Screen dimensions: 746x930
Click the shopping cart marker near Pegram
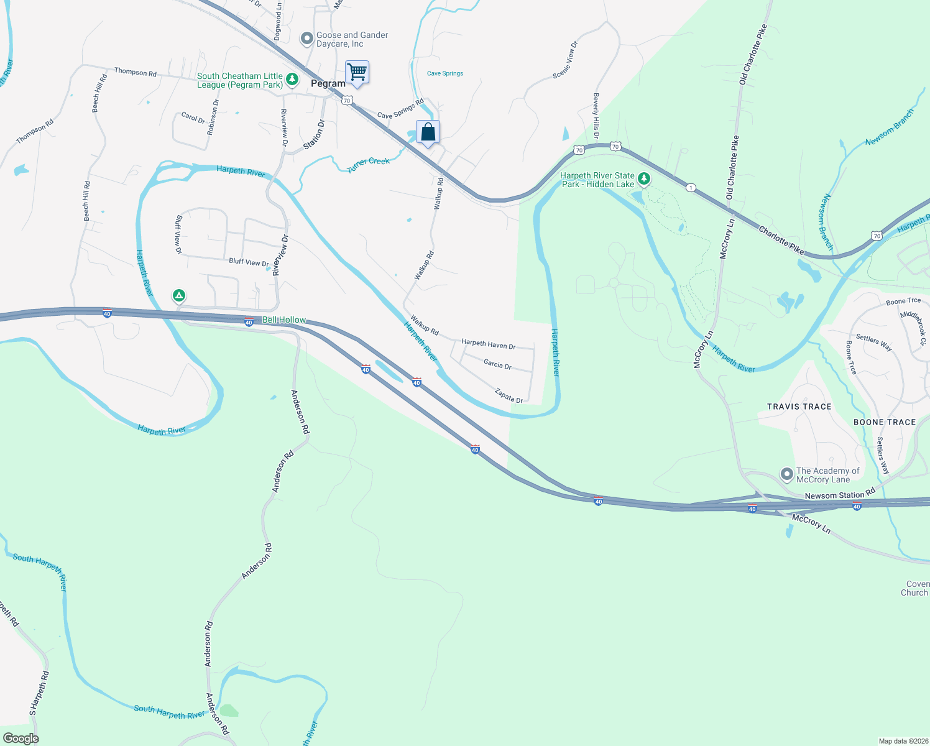click(x=357, y=72)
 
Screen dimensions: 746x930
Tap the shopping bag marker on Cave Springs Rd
click(x=428, y=132)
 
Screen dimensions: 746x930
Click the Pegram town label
click(x=328, y=84)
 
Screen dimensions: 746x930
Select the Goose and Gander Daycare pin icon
click(x=306, y=39)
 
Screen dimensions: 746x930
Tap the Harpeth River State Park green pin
click(x=644, y=180)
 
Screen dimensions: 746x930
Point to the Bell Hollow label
click(x=284, y=320)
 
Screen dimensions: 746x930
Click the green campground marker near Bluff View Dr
click(x=179, y=295)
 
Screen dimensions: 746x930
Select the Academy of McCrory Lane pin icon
click(x=786, y=475)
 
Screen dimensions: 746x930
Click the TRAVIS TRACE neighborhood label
click(x=799, y=407)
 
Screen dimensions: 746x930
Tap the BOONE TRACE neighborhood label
click(x=885, y=422)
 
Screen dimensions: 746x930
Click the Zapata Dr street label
click(x=509, y=396)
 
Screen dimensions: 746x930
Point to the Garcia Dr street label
click(x=497, y=365)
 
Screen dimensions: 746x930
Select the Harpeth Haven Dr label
click(x=488, y=344)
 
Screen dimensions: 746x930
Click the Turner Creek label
click(x=369, y=164)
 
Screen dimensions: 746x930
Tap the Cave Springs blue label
click(x=445, y=73)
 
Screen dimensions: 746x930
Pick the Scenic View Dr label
click(x=565, y=60)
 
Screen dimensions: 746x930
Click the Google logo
click(x=21, y=739)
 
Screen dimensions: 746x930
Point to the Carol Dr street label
click(x=193, y=117)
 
